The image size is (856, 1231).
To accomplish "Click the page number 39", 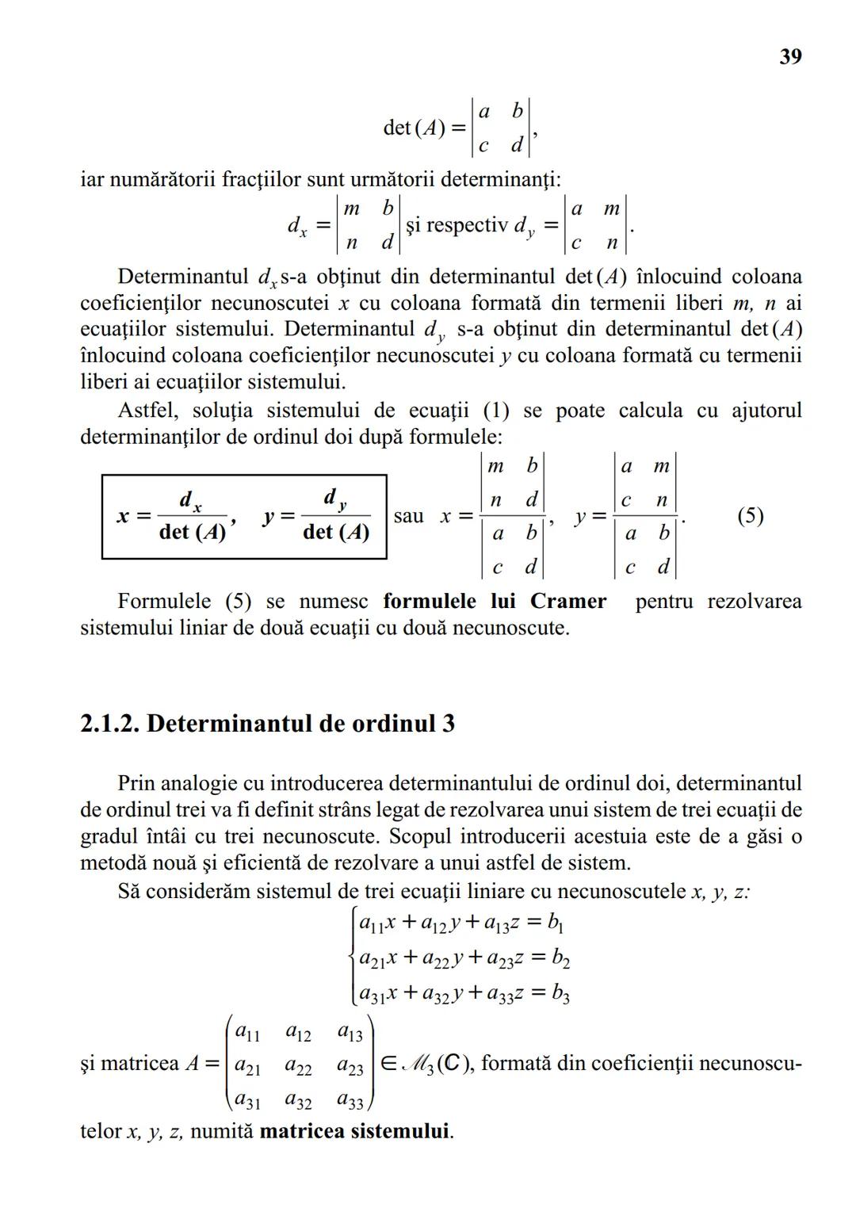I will [x=790, y=56].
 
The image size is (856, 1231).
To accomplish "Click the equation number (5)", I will [x=750, y=516].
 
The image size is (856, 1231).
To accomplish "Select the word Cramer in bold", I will [x=568, y=601].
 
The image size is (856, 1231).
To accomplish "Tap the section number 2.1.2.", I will [x=110, y=724].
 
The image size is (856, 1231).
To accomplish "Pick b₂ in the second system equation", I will [x=560, y=958].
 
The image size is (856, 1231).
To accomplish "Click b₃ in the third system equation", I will [x=560, y=993].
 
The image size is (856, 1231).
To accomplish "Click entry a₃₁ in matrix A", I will [x=247, y=1101].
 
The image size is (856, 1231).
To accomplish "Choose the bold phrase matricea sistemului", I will [x=356, y=1130].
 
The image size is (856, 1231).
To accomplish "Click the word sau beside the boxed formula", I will [x=408, y=516].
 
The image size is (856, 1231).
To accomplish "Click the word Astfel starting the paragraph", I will [x=147, y=411].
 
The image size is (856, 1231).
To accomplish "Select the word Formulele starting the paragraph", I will [x=166, y=601].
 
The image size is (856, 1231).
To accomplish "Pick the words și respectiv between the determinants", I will [x=456, y=225].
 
